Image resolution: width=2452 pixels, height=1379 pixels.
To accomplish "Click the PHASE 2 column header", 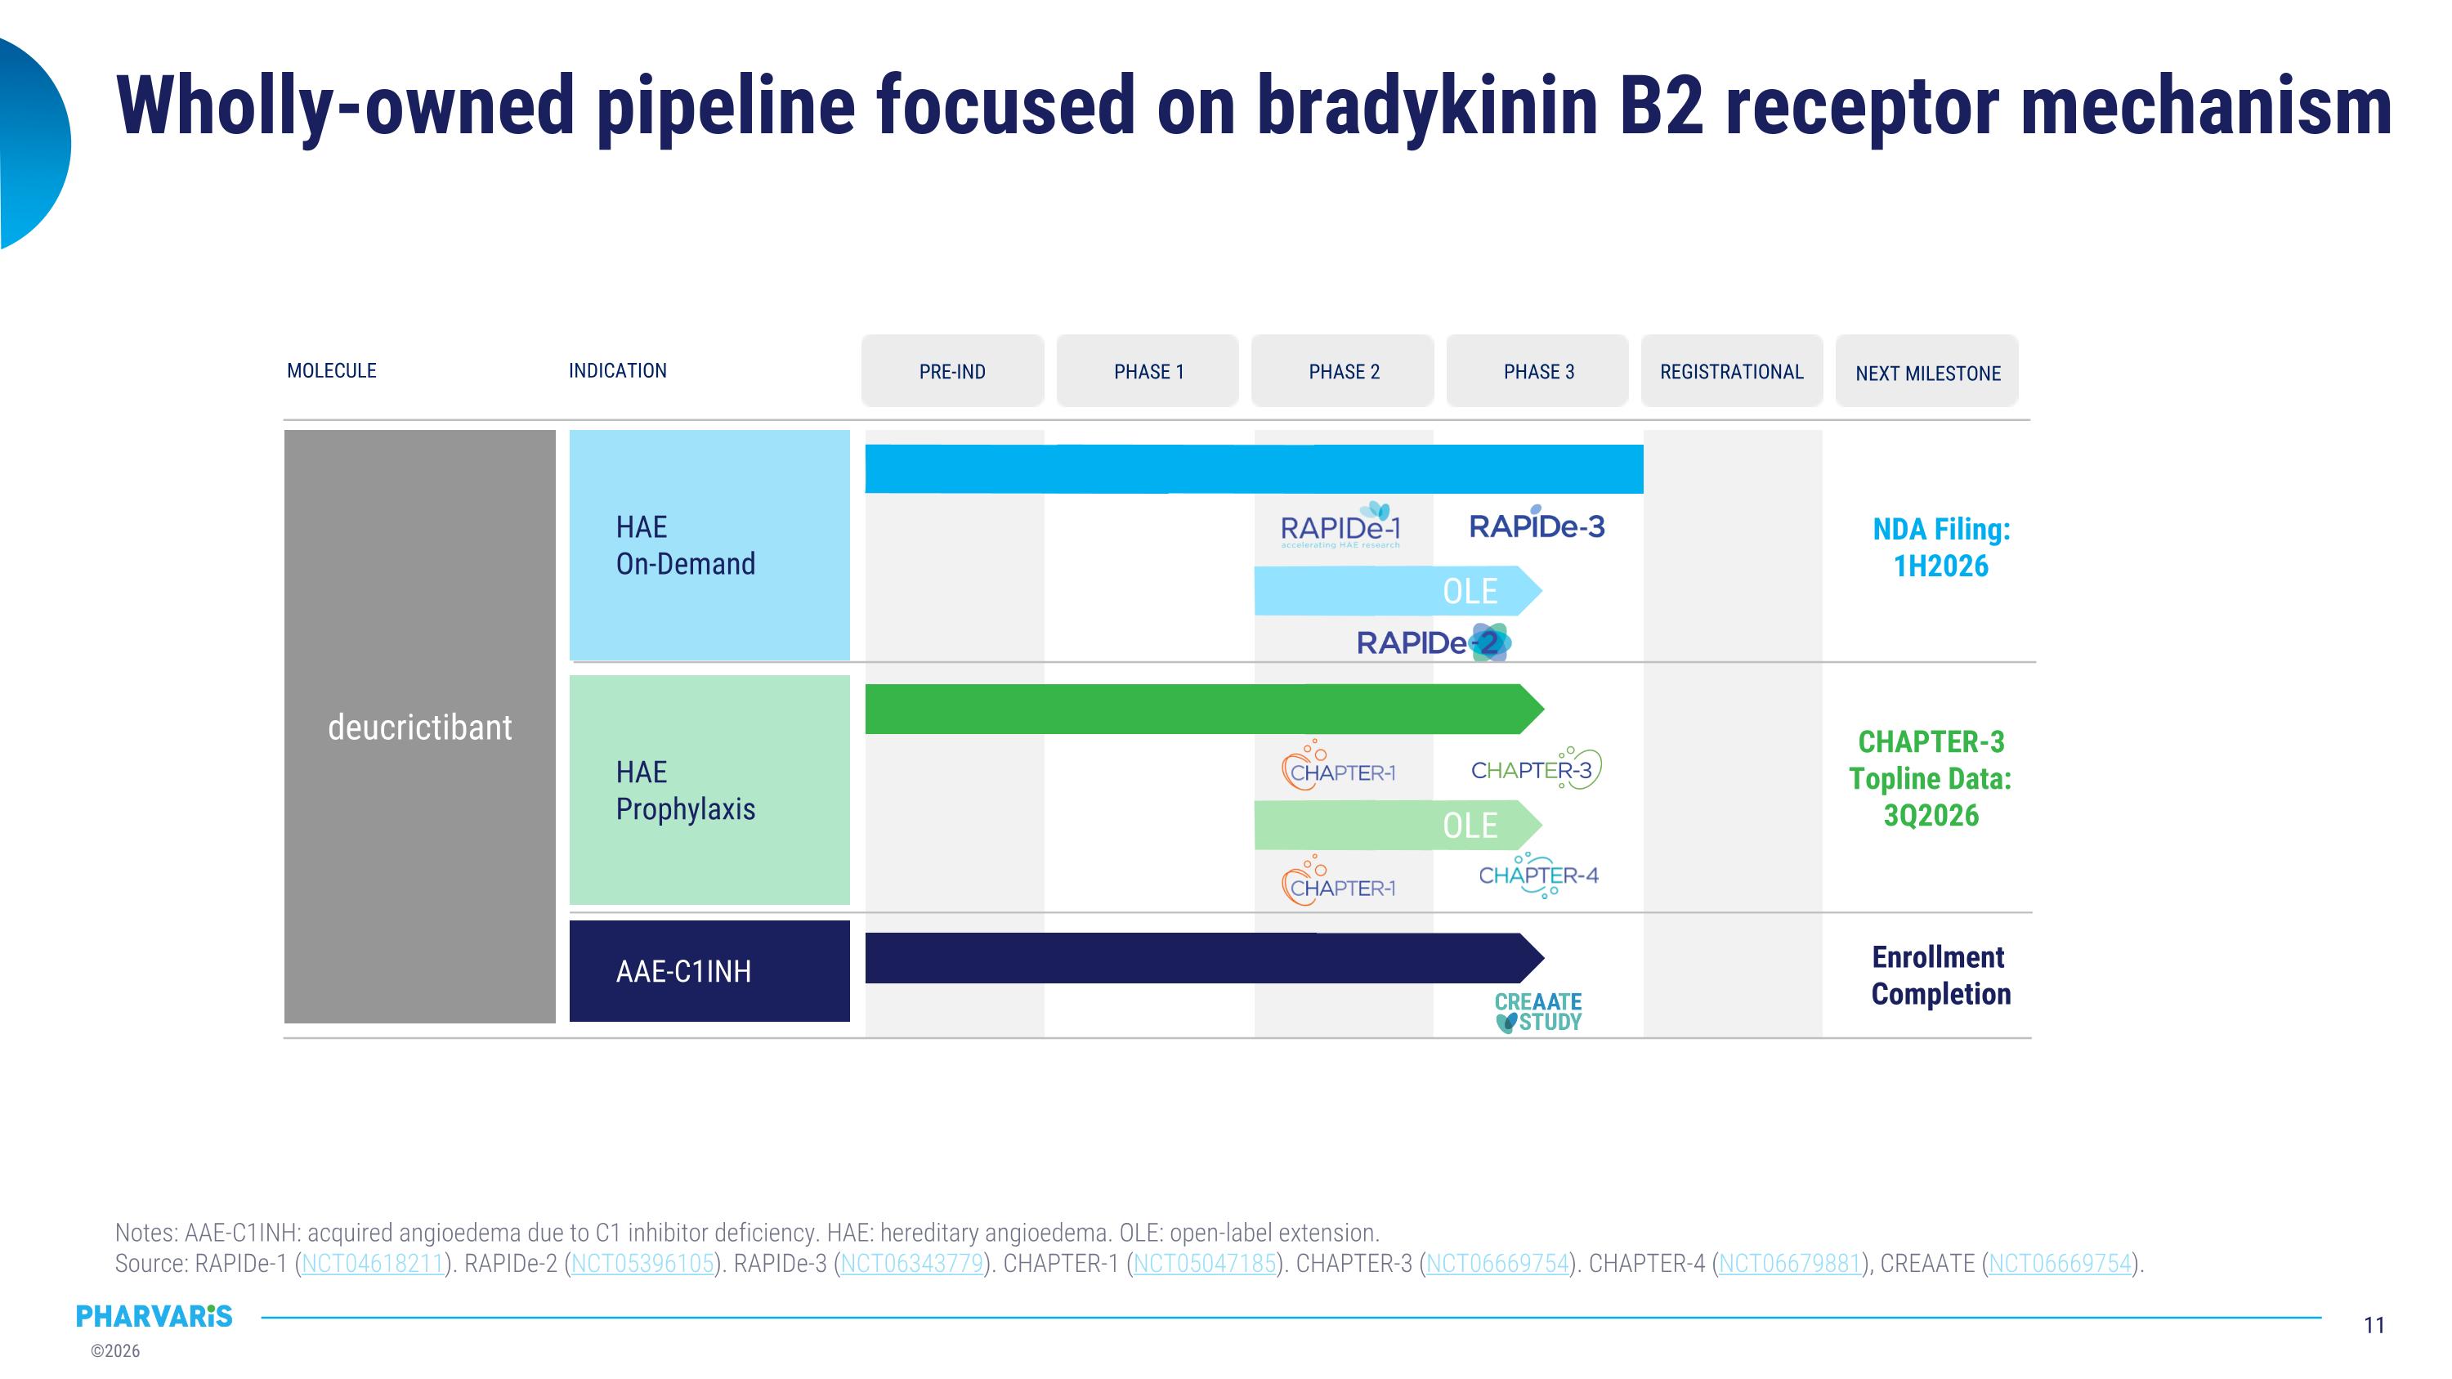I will [1343, 371].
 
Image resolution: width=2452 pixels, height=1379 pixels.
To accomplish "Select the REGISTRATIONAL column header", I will [1731, 371].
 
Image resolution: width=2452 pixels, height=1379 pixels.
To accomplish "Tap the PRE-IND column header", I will [952, 371].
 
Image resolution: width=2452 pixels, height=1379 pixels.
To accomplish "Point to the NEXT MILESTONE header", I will [1927, 373].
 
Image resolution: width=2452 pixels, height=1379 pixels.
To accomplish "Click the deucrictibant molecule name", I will [420, 727].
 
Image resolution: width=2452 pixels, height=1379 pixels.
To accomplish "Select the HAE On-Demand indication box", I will [709, 545].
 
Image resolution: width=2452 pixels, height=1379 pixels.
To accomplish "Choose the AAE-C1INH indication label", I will [683, 971].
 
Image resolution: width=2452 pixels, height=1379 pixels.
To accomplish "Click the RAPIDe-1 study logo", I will [1340, 527].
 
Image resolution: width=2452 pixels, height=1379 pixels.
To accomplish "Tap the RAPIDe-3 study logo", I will [1537, 526].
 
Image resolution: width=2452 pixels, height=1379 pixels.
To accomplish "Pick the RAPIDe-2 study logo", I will [1433, 642].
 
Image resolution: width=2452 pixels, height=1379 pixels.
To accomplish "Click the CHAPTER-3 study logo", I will [1534, 769].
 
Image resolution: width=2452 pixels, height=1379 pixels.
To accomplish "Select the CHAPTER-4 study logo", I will [1538, 875].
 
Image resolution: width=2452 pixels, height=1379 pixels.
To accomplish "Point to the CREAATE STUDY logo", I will [1538, 1012].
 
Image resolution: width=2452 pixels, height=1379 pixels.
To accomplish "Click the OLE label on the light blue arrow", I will [1470, 591].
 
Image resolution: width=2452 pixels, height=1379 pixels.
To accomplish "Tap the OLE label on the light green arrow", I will [1470, 825].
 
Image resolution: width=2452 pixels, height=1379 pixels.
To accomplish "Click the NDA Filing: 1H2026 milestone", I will [1941, 547].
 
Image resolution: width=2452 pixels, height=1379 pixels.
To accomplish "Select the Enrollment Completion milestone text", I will [1940, 974].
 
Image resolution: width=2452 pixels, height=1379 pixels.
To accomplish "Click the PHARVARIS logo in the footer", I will [154, 1316].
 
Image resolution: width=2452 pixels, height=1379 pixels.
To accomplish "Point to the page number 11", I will [2374, 1325].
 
